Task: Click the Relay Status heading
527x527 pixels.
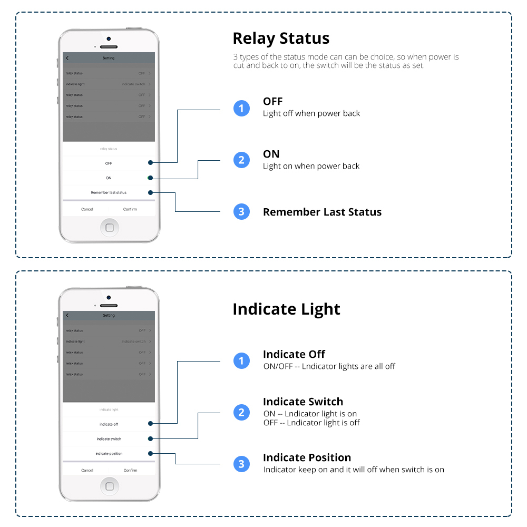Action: coord(281,38)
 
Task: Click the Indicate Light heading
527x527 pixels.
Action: coord(286,309)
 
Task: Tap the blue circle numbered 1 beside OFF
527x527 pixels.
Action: coord(241,108)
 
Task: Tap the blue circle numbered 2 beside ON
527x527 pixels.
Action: coord(241,160)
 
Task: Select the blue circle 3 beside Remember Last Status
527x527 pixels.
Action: coord(241,212)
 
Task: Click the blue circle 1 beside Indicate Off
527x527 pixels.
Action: coord(241,360)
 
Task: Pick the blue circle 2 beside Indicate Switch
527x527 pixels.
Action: coord(241,412)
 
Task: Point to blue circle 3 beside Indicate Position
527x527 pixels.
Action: coord(241,464)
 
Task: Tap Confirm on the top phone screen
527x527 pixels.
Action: coord(130,209)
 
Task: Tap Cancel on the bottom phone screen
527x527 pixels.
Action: coord(87,470)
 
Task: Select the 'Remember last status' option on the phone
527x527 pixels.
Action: coord(109,192)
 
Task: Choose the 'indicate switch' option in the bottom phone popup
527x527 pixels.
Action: coord(109,438)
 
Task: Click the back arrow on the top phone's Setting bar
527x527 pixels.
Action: coord(67,58)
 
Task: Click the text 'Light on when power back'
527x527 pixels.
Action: coord(311,166)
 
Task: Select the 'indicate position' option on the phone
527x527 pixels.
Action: coord(109,453)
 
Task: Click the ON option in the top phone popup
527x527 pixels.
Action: coord(109,178)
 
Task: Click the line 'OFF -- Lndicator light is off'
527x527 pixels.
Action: coord(311,423)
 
